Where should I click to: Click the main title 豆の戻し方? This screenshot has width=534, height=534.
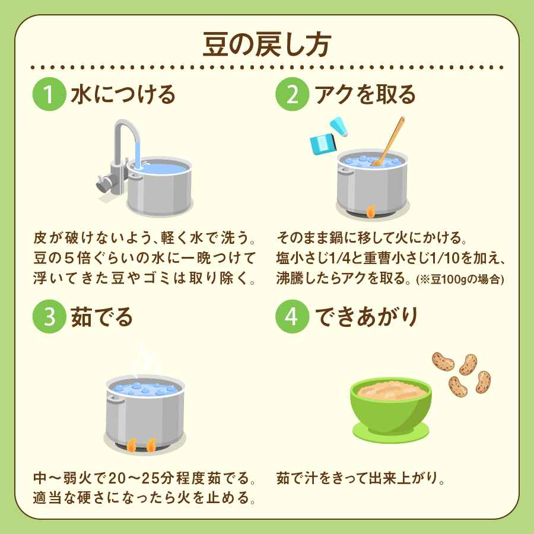coord(267,45)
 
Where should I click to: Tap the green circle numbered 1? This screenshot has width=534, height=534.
coord(49,94)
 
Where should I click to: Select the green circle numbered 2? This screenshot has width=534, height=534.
coord(292,94)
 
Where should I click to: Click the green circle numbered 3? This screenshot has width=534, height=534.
coord(49,316)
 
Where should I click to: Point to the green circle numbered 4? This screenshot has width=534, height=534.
coord(292,316)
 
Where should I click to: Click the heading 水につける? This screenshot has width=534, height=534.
coord(123,94)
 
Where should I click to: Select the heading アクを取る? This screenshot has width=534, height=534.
coord(365,94)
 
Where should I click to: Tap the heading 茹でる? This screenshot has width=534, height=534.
coord(102,317)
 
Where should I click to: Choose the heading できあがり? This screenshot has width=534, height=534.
coord(366,317)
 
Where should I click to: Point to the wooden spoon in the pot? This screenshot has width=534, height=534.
coord(388,141)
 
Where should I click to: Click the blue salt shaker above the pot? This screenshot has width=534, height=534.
coord(339,127)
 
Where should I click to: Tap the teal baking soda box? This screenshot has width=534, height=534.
coord(323,144)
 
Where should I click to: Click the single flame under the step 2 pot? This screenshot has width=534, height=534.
coord(371,211)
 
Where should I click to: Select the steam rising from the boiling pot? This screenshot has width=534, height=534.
coord(146,358)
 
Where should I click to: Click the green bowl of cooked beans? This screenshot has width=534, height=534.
coord(391,405)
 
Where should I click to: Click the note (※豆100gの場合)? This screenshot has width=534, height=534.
coord(460,279)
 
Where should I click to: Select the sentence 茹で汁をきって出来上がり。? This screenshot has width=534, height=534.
coord(361,478)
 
